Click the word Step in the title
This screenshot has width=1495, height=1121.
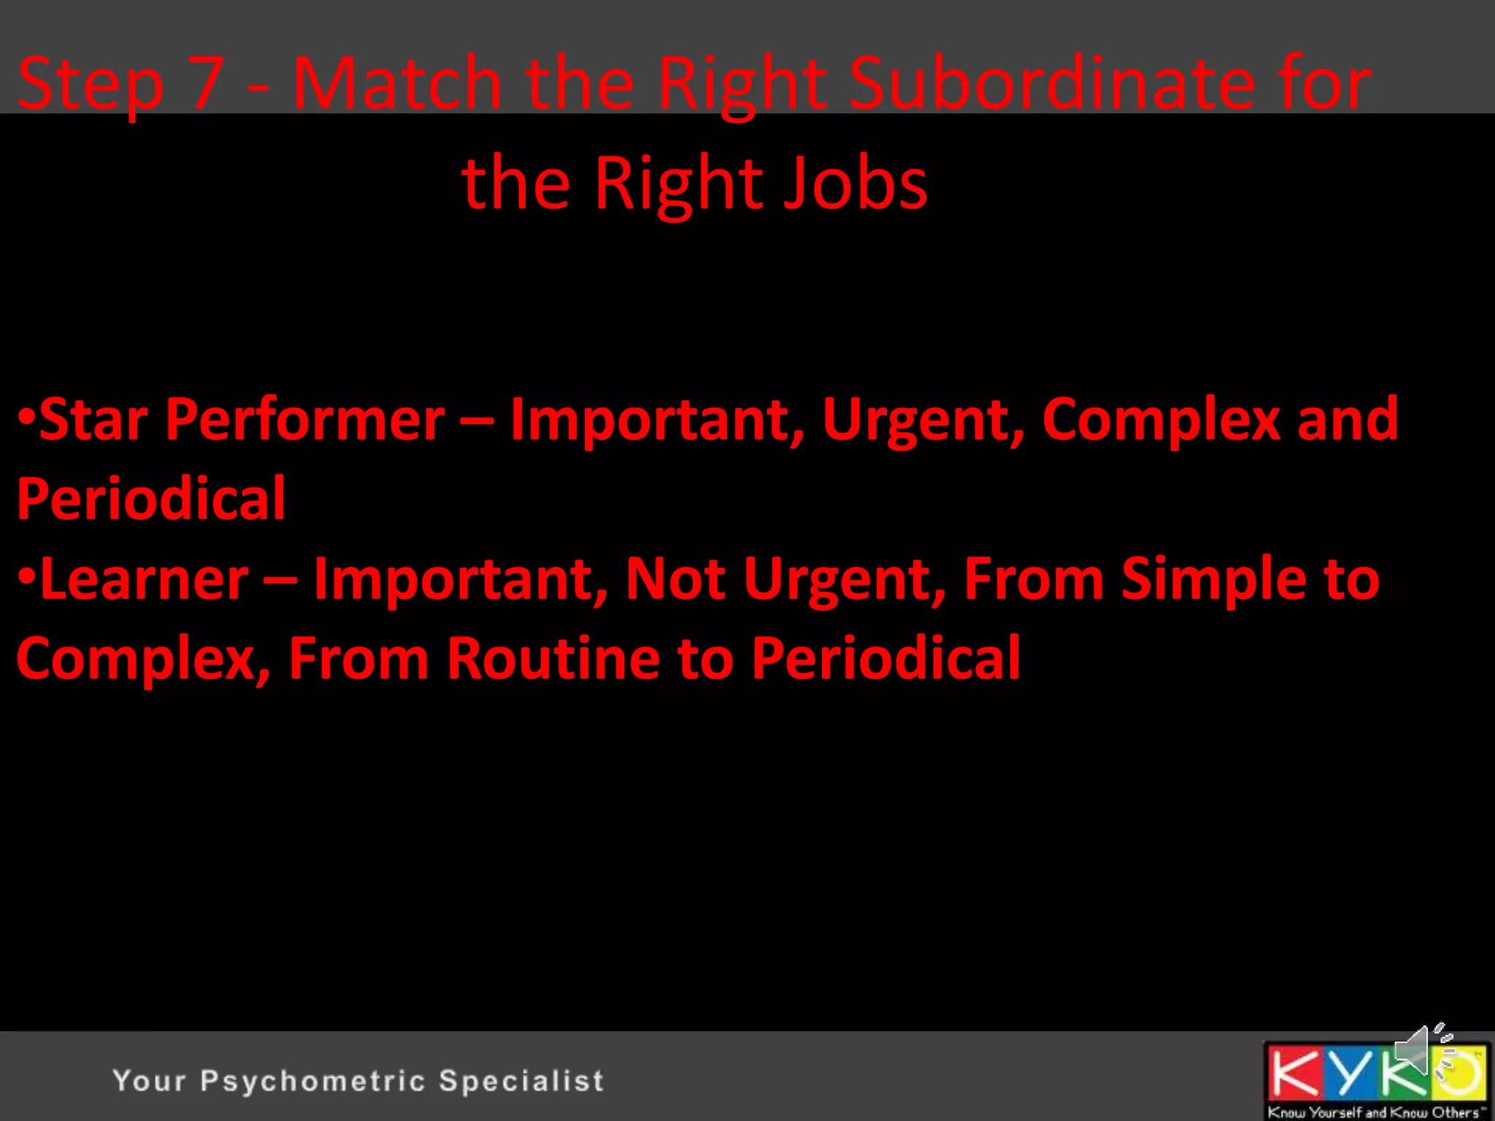pos(91,85)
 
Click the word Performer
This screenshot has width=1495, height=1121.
pos(305,421)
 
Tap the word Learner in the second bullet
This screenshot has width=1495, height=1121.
pos(145,579)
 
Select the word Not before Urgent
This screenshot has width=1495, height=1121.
pos(675,579)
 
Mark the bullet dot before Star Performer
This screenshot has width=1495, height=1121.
pos(26,417)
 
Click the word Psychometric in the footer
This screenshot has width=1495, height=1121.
pos(312,1081)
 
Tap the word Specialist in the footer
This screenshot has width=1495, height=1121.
pos(521,1081)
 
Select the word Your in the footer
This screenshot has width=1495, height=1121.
pos(149,1081)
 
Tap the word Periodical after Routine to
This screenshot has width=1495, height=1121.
pos(885,658)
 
